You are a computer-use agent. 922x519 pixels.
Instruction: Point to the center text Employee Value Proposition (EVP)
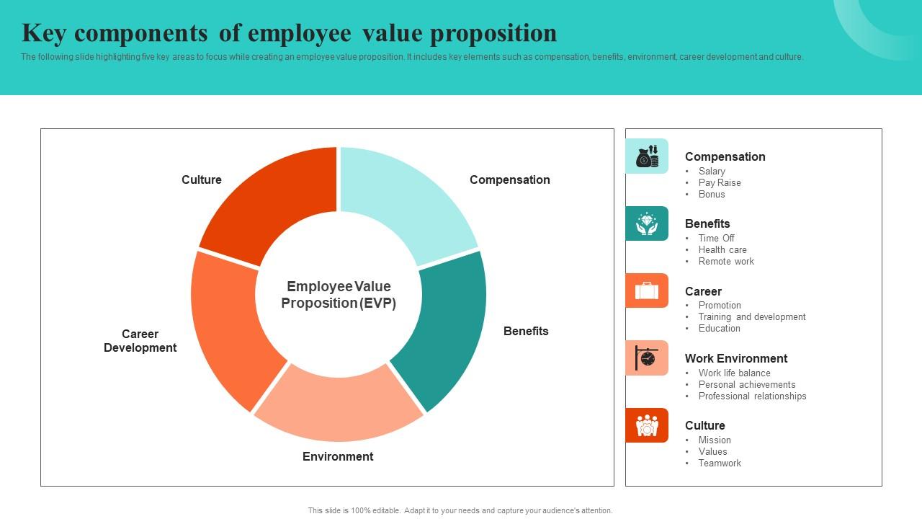339,295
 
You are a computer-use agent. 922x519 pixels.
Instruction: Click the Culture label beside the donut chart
201,179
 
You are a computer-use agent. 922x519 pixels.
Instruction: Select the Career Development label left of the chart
140,341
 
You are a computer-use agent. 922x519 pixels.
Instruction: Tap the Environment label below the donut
338,456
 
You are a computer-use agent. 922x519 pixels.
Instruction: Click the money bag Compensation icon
647,156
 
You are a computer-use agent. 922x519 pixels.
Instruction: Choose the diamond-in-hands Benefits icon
647,223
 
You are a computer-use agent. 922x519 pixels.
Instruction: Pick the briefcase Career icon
647,290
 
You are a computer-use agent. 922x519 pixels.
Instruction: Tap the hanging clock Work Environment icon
647,358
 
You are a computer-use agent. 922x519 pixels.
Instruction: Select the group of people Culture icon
647,425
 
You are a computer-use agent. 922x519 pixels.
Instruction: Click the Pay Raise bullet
719,182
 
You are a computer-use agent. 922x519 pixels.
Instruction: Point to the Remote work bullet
726,261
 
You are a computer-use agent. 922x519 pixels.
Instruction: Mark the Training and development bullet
751,316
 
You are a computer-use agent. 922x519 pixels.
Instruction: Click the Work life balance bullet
734,373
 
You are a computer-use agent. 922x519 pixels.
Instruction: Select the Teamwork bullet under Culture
719,463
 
